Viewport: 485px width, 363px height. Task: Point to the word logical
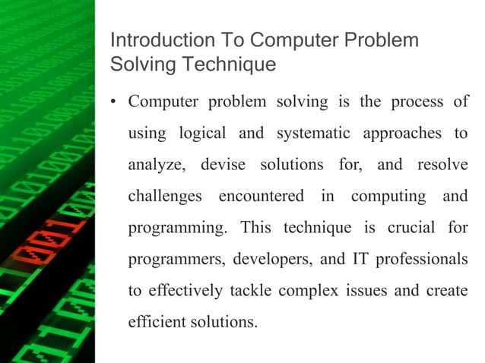(202, 133)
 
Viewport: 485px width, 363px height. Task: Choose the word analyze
(157, 165)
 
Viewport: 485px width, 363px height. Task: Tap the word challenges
(164, 196)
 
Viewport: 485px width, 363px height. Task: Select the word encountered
(261, 196)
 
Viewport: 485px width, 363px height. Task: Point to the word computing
(388, 197)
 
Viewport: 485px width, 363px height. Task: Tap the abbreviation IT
(360, 259)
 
